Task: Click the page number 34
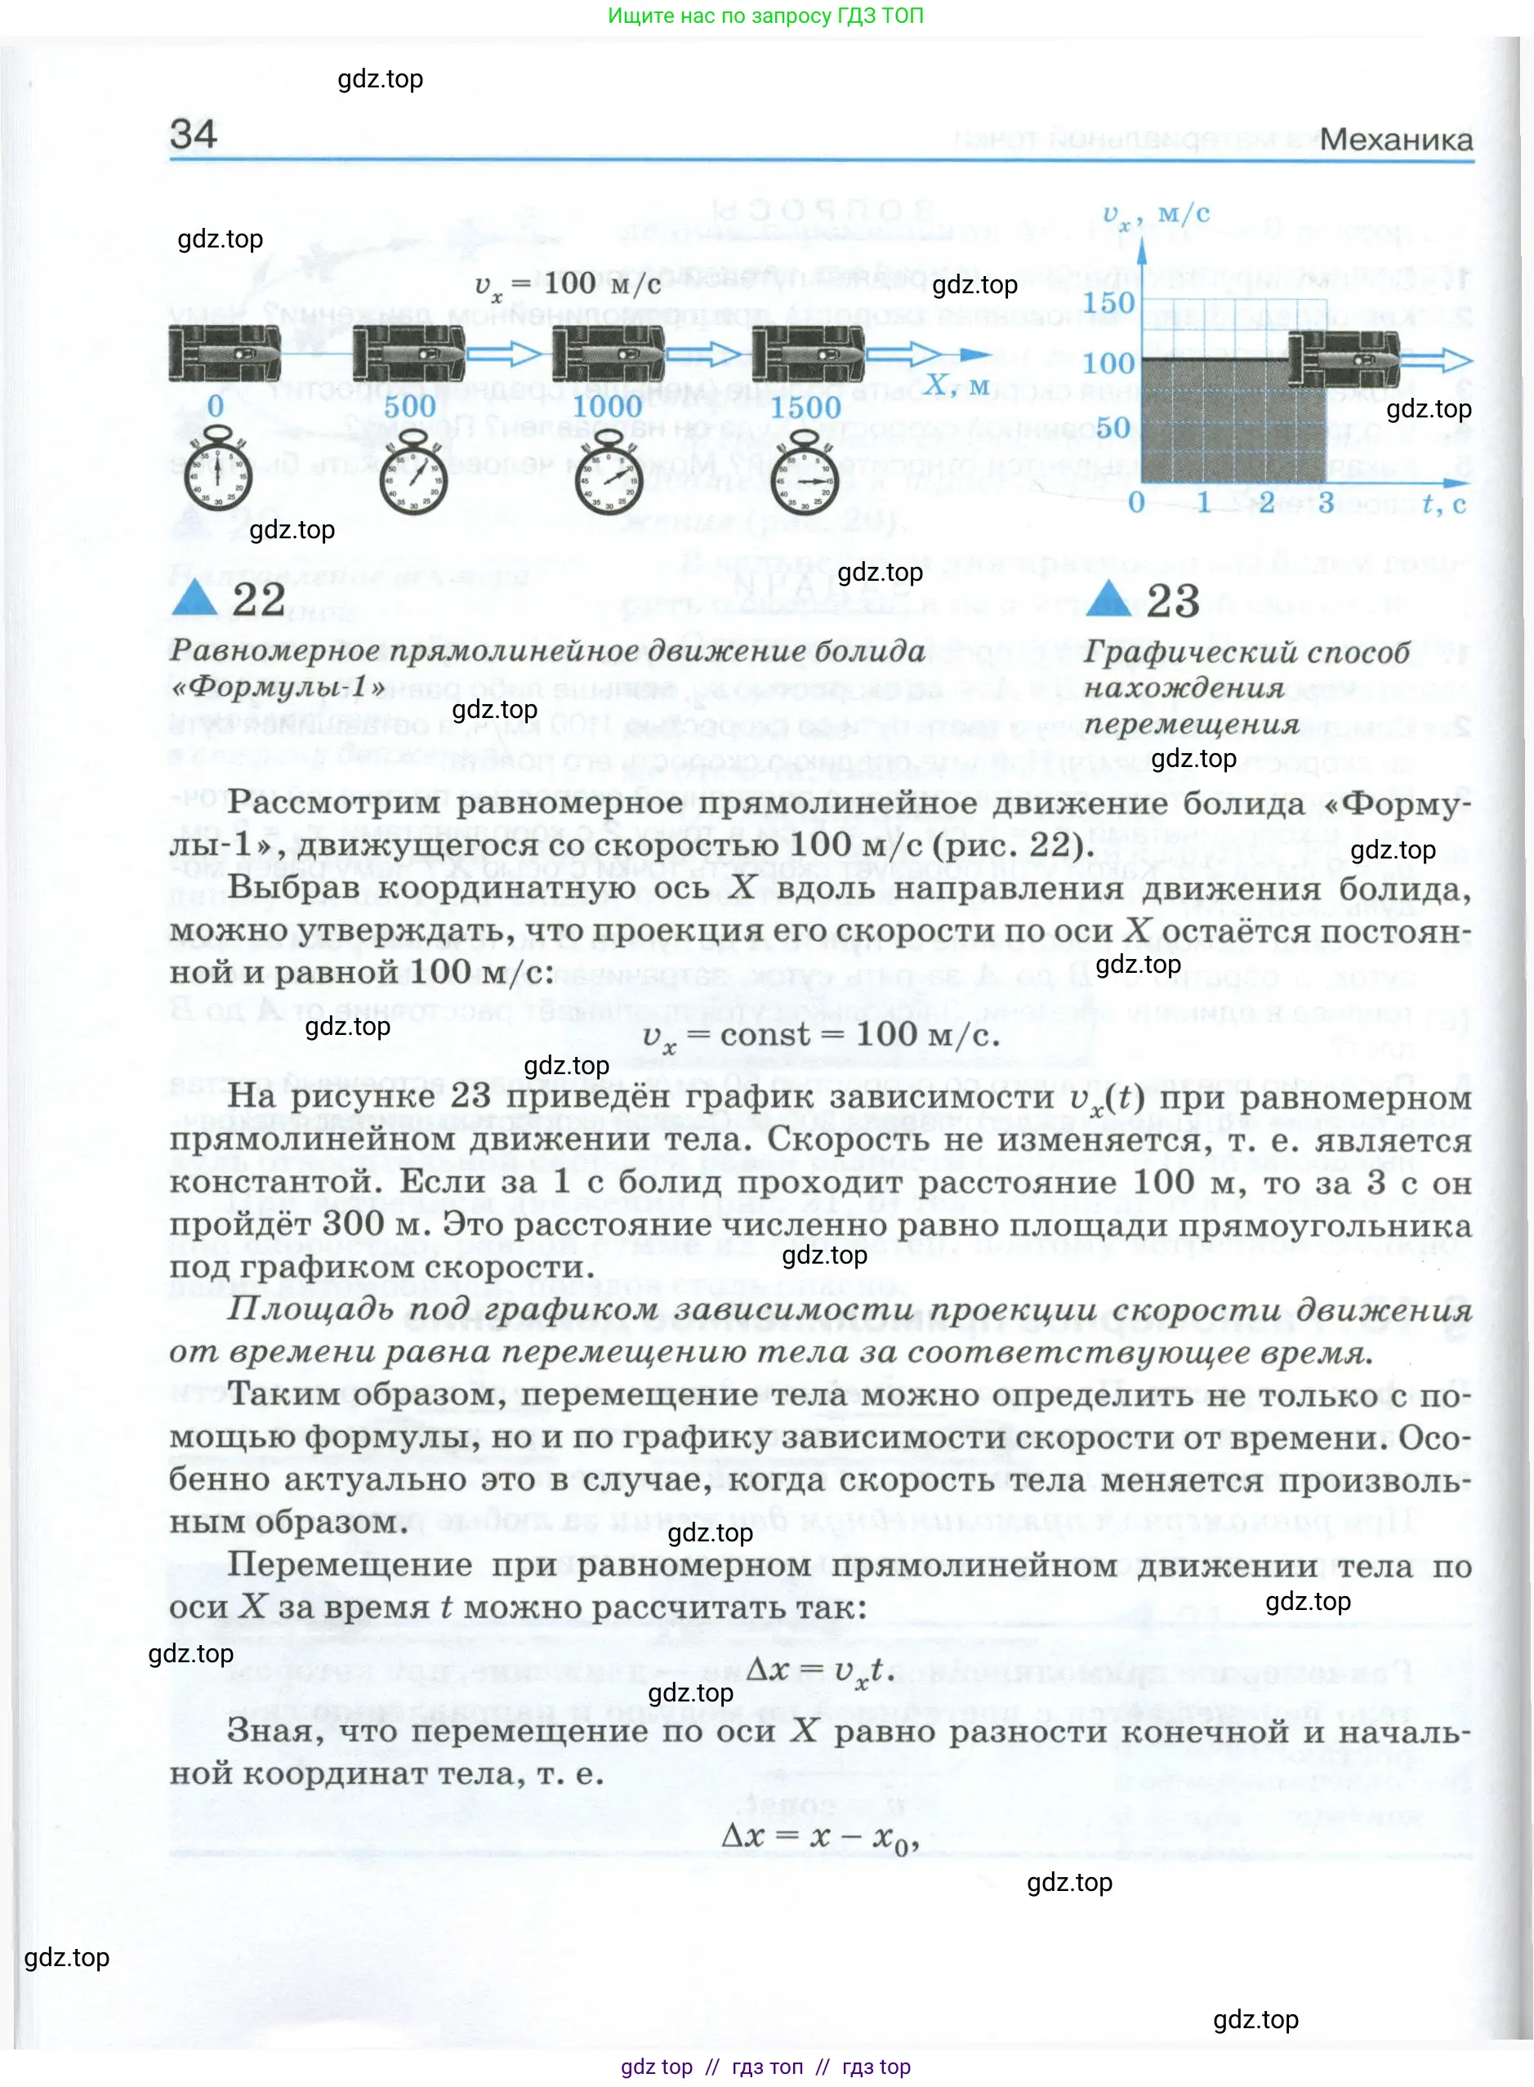pyautogui.click(x=193, y=134)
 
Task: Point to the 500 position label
pyautogui.click(x=409, y=406)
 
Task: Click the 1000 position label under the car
pyautogui.click(x=606, y=406)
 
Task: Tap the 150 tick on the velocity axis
pyautogui.click(x=1108, y=303)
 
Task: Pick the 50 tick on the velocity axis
pyautogui.click(x=1113, y=427)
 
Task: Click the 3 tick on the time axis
pyautogui.click(x=1325, y=502)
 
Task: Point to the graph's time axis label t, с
pyautogui.click(x=1444, y=503)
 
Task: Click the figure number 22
pyautogui.click(x=259, y=599)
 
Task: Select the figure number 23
pyautogui.click(x=1173, y=600)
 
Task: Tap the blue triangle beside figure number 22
pyautogui.click(x=195, y=599)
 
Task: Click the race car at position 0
pyautogui.click(x=224, y=353)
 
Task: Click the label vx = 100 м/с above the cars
pyautogui.click(x=568, y=284)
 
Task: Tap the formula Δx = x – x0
pyautogui.click(x=820, y=1835)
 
